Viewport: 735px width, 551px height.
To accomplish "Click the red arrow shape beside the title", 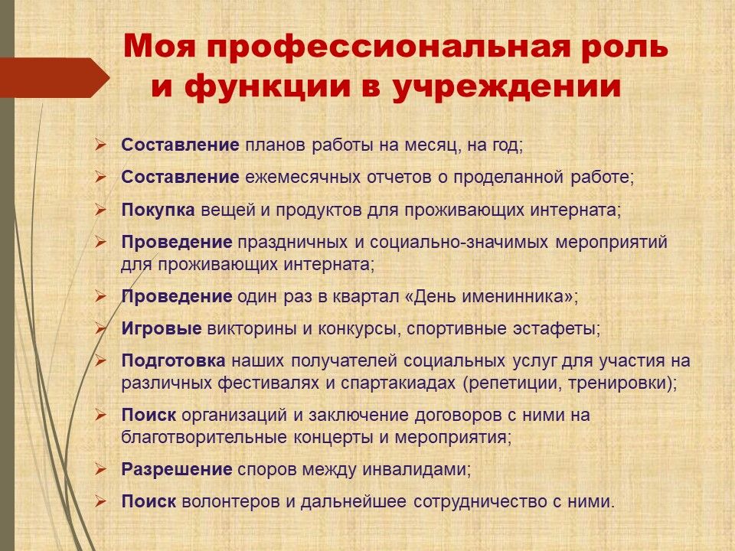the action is coord(55,78).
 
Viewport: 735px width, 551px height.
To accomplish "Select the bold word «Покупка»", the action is coord(158,210).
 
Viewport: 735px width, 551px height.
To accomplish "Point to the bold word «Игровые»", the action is coord(162,329).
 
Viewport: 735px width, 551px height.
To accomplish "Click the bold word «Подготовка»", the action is coord(174,360).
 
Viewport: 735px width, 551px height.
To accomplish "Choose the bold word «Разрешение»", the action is coord(177,469).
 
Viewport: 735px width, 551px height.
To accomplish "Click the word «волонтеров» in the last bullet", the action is coord(231,502).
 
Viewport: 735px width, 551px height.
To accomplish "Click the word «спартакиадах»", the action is coord(398,383).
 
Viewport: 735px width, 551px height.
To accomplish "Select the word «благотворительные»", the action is coord(204,438).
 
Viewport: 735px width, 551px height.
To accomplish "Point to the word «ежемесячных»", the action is coord(303,178).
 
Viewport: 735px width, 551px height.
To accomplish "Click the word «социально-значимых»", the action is coord(459,243).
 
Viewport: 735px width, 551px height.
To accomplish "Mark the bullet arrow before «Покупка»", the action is coord(100,210).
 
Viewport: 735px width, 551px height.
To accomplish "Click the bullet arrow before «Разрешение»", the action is coord(100,469).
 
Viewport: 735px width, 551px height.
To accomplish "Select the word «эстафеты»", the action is coord(554,329).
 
